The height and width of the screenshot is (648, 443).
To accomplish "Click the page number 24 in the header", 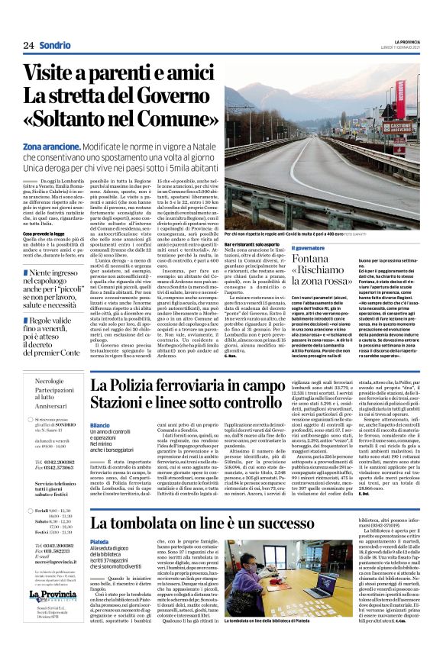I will [29, 46].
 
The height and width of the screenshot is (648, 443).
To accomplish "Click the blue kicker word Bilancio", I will [100, 424].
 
